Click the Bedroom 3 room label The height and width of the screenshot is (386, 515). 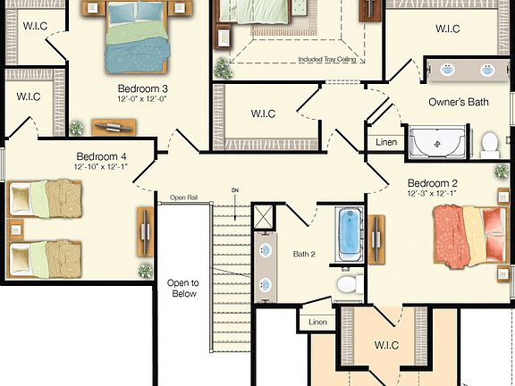pyautogui.click(x=142, y=88)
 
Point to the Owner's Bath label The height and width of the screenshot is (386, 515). pyautogui.click(x=459, y=103)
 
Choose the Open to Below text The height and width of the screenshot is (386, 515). pyautogui.click(x=182, y=288)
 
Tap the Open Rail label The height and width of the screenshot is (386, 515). pyautogui.click(x=184, y=197)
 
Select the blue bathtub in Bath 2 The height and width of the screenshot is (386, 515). pyautogui.click(x=349, y=236)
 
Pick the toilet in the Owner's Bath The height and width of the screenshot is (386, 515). pyautogui.click(x=490, y=144)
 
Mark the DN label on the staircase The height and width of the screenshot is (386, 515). pyautogui.click(x=235, y=190)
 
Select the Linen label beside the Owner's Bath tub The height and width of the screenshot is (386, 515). pyautogui.click(x=386, y=142)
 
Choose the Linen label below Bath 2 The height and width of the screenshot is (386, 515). pyautogui.click(x=317, y=322)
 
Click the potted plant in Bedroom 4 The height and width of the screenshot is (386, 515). pyautogui.click(x=144, y=270)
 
